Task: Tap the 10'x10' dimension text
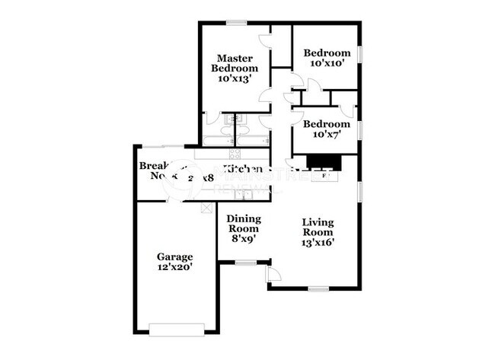click(x=327, y=65)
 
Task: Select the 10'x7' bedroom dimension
click(x=326, y=135)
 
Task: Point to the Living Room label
click(x=318, y=227)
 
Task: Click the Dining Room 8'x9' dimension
click(x=244, y=238)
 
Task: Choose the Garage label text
click(x=174, y=256)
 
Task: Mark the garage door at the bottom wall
click(x=177, y=329)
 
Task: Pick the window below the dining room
click(x=245, y=263)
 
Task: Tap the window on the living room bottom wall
click(x=318, y=288)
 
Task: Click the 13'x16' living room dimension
click(x=318, y=243)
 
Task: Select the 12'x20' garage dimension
click(x=174, y=269)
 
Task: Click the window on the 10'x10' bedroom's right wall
click(x=361, y=59)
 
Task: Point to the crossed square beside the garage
click(x=205, y=207)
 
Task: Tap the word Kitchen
click(x=243, y=169)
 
